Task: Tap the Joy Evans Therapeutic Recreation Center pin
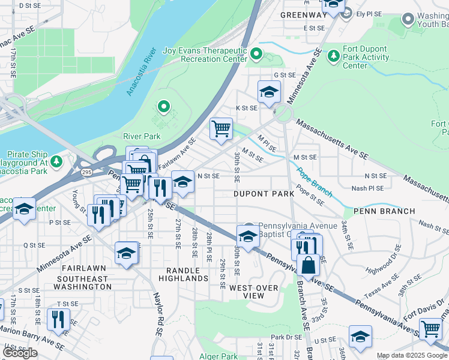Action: coord(257,55)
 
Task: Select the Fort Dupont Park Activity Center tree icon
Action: coord(333,56)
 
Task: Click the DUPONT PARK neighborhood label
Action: coord(264,194)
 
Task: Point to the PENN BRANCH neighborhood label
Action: coord(384,211)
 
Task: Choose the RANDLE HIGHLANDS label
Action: coord(183,274)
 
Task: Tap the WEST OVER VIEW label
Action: coord(255,292)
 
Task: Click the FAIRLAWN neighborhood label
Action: coord(82,268)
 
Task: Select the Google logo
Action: coord(20,353)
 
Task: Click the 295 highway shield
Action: coord(88,173)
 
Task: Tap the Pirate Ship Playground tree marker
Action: coord(56,161)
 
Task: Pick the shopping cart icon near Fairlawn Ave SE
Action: coord(221,128)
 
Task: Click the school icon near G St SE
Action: coord(270,92)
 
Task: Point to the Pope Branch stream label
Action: coord(313,182)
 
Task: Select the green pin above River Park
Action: coord(163,107)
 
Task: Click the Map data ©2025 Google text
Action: coord(412,355)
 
